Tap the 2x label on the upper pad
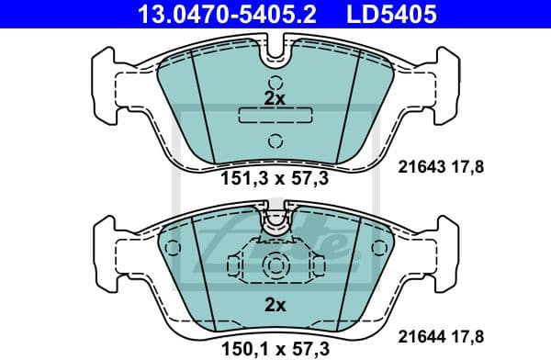pyautogui.click(x=274, y=96)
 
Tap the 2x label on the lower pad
pyautogui.click(x=273, y=304)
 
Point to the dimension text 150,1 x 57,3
pyautogui.click(x=273, y=346)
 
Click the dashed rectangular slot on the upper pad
pyautogui.click(x=273, y=116)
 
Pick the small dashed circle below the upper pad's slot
pyautogui.click(x=273, y=141)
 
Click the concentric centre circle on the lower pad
pyautogui.click(x=273, y=267)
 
